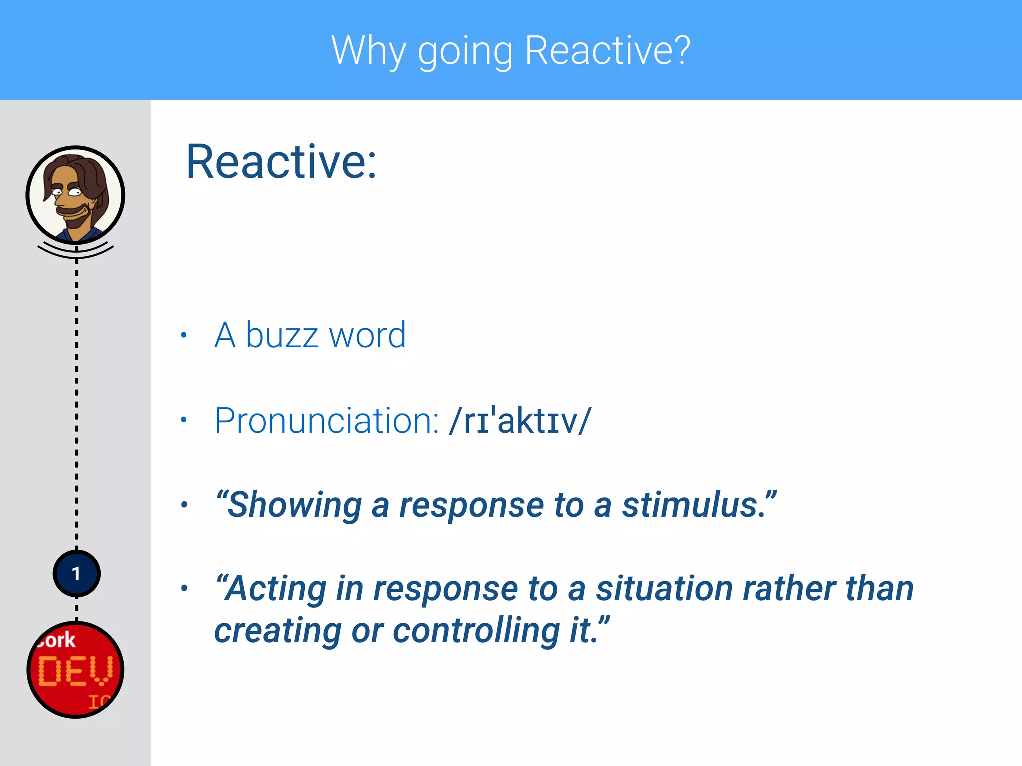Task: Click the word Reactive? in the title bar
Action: coord(607,51)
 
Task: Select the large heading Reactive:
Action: coord(281,162)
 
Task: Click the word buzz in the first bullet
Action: coord(282,335)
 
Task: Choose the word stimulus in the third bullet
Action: coord(694,505)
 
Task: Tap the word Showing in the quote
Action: coord(294,505)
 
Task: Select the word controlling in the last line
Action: coord(477,631)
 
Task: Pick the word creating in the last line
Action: coord(277,631)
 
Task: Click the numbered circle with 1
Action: coord(76,574)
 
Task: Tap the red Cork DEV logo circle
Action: coord(75,669)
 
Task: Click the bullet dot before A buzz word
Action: coord(184,335)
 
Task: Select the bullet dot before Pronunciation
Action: coord(184,420)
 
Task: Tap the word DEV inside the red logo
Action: coord(75,671)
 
